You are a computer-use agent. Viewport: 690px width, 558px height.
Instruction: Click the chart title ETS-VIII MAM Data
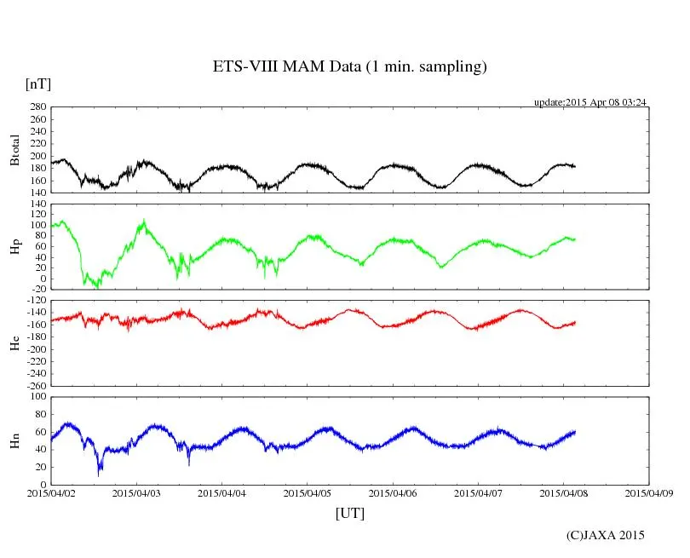tap(349, 67)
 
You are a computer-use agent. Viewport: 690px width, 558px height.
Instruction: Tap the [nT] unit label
tap(38, 84)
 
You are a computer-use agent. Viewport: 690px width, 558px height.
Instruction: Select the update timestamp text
tap(589, 102)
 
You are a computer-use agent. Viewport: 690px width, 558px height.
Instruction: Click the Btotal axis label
tap(14, 150)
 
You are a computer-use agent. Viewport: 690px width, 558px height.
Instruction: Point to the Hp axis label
tap(14, 247)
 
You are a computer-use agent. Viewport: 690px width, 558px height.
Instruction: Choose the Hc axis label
tap(14, 343)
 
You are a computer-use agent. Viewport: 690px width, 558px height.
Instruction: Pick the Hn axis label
tap(14, 440)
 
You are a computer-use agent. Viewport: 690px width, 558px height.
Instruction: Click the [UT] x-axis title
tap(350, 513)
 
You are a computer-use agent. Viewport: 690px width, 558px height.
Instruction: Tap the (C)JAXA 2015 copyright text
tap(606, 535)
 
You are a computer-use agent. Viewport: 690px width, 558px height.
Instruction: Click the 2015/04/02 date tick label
tap(51, 492)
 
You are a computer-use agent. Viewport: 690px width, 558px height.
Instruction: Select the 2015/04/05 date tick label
tap(308, 492)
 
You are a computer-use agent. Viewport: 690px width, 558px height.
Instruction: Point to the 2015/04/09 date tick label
tap(649, 492)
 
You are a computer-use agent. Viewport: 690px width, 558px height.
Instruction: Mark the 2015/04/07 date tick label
tap(479, 492)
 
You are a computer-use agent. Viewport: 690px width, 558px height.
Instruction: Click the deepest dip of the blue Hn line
tap(100, 473)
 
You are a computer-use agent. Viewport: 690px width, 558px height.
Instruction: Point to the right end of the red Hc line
tap(576, 322)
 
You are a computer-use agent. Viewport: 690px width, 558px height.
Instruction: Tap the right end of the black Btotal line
tap(575, 166)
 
